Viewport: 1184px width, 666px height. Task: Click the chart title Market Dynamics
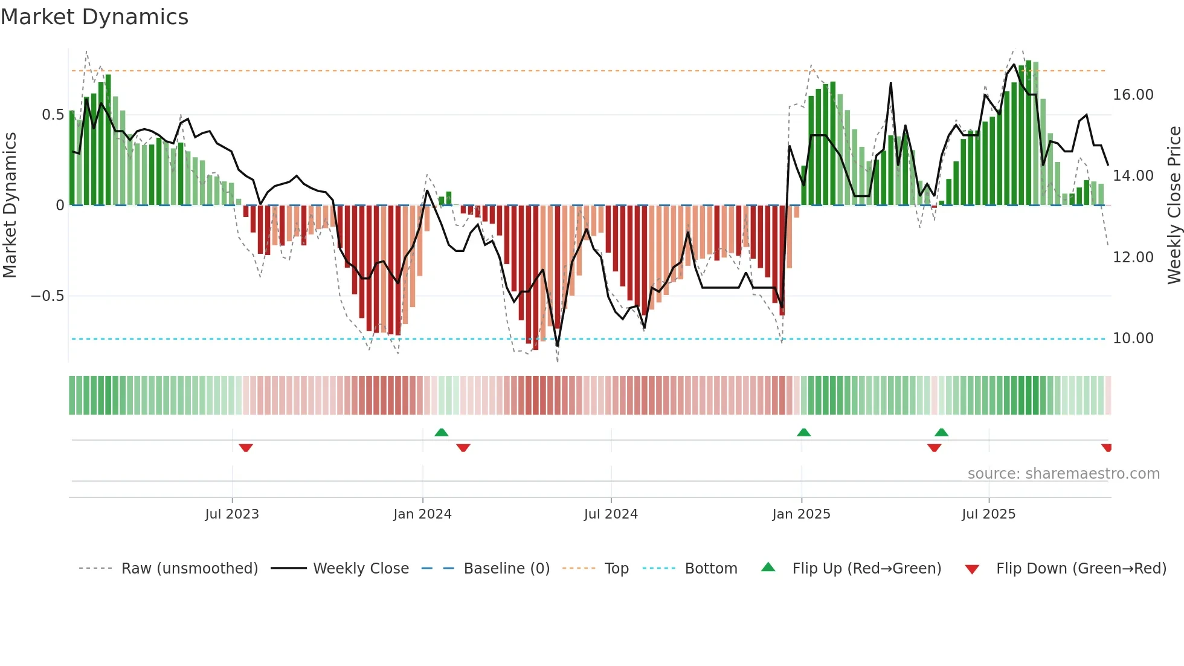[95, 17]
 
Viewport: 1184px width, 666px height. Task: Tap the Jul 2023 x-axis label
[232, 514]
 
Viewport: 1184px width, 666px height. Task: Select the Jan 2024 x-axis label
[422, 514]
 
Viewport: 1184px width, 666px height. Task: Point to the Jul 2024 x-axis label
[611, 514]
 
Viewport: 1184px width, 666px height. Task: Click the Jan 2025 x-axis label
[801, 514]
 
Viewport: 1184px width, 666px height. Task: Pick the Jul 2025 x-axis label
[988, 514]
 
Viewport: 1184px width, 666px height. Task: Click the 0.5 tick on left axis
[53, 115]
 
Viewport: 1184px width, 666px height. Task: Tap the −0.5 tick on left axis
[48, 296]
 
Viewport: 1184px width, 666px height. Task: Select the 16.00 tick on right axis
[1133, 95]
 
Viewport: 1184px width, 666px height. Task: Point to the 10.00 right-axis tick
[1133, 338]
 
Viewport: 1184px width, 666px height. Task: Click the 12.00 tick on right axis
[1133, 257]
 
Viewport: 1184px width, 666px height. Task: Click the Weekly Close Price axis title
[1174, 205]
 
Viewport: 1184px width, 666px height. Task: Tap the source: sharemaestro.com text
[1063, 474]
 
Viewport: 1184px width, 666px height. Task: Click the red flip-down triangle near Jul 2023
[245, 448]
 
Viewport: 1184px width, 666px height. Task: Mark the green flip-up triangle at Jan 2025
[803, 433]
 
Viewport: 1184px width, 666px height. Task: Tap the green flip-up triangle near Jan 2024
[442, 433]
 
